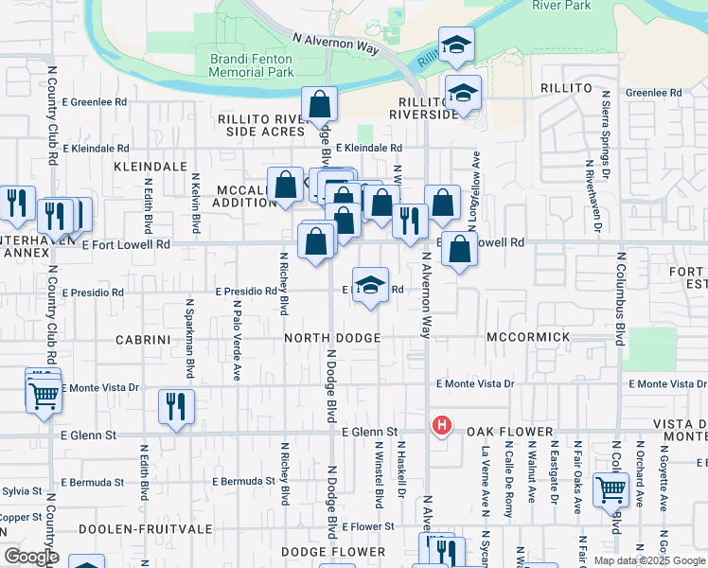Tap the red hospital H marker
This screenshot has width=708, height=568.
pyautogui.click(x=440, y=426)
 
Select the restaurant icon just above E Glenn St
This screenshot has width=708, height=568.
pyautogui.click(x=176, y=407)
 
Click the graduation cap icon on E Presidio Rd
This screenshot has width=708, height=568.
pyautogui.click(x=371, y=285)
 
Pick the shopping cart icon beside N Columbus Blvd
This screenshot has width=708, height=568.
pyautogui.click(x=611, y=489)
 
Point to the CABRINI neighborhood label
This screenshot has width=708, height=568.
pyautogui.click(x=142, y=337)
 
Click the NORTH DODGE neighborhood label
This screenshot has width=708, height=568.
pyautogui.click(x=331, y=337)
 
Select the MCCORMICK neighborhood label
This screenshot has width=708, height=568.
pyautogui.click(x=528, y=337)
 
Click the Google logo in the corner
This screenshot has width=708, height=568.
pyautogui.click(x=30, y=556)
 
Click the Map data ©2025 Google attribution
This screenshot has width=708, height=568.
pyautogui.click(x=649, y=560)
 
